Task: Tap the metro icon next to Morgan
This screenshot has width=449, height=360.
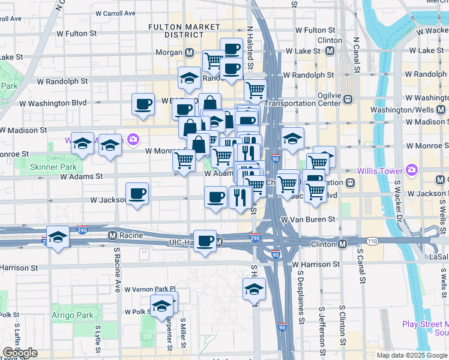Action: point(189,53)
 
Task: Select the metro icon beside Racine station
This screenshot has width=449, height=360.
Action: point(112,235)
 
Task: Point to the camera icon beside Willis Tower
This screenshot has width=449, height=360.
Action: point(412,170)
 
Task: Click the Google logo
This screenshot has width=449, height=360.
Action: point(20,353)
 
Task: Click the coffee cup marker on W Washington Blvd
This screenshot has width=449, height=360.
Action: point(143,104)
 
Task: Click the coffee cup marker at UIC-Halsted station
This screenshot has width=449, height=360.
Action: point(205,241)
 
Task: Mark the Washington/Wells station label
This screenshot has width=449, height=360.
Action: point(407,110)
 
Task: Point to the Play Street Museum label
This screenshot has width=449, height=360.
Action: point(425,328)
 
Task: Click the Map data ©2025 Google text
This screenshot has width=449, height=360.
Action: point(411,355)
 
